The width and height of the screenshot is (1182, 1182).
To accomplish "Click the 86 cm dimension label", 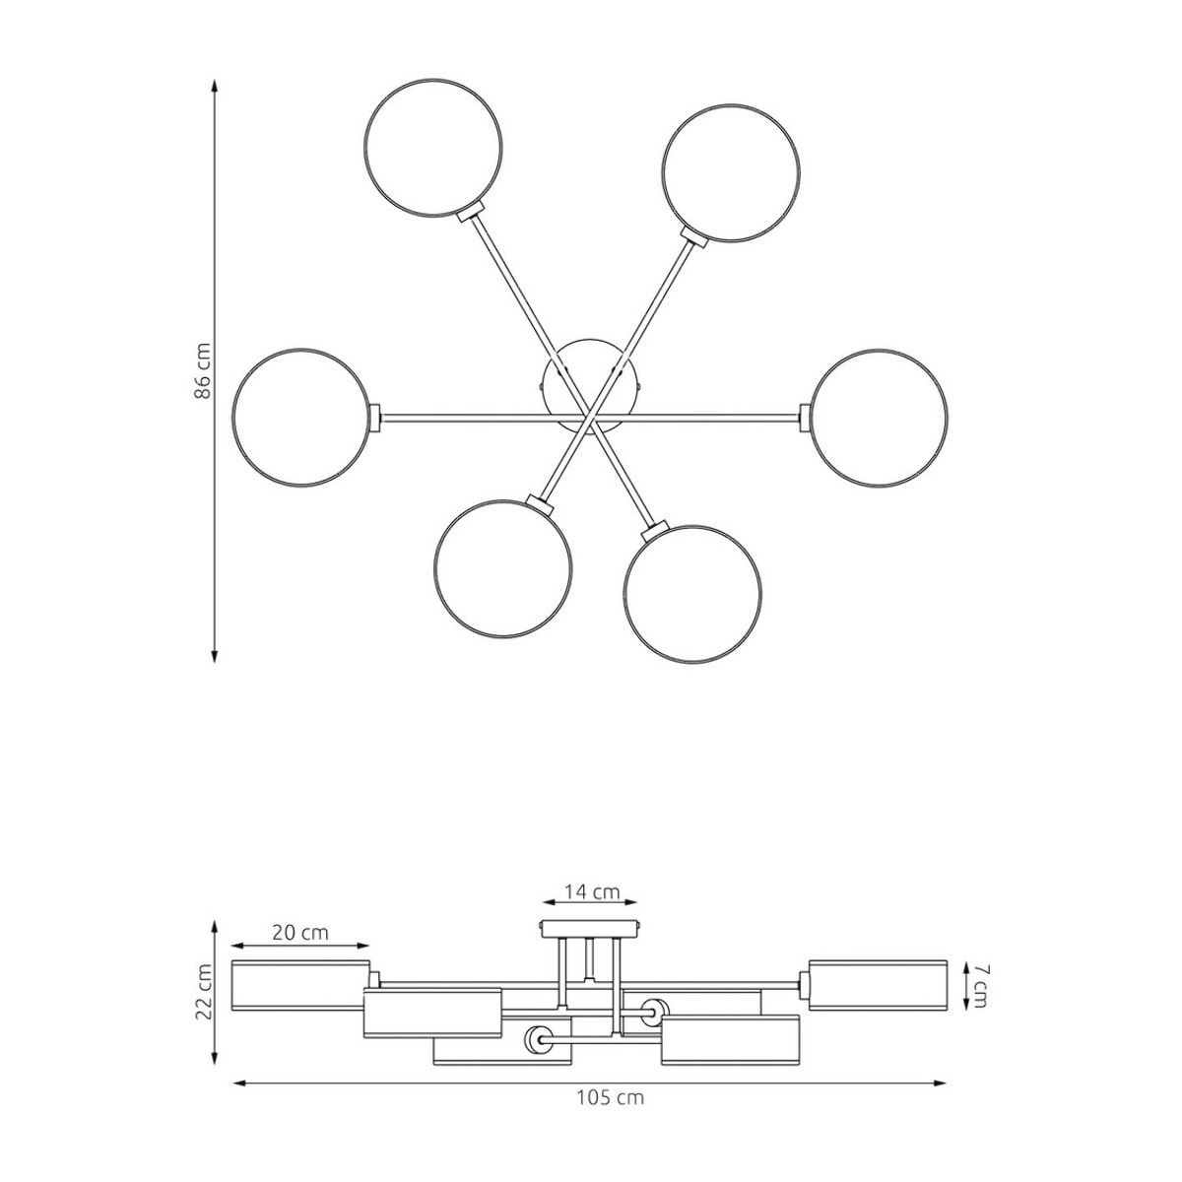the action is (x=203, y=370).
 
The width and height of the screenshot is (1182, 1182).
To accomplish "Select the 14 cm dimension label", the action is (x=592, y=909).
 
